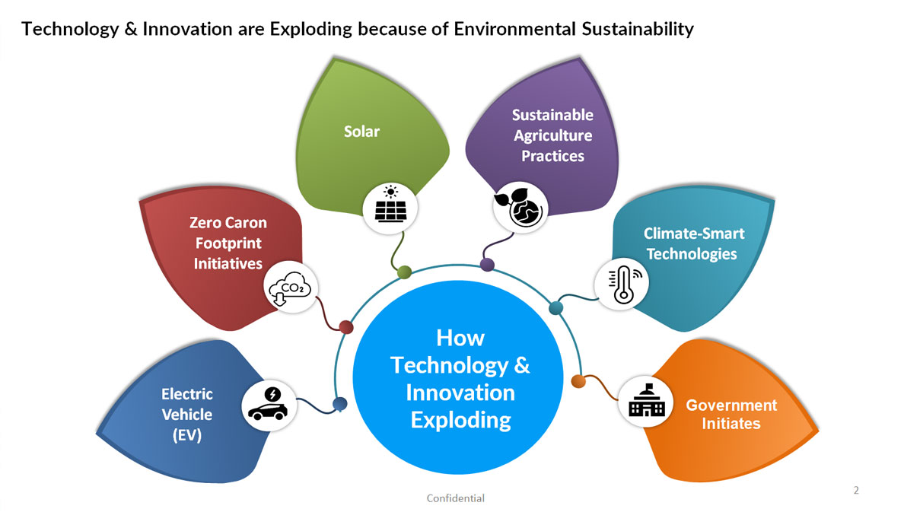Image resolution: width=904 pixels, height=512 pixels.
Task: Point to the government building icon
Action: pyautogui.click(x=646, y=400)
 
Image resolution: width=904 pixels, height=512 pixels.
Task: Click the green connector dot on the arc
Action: pyautogui.click(x=405, y=272)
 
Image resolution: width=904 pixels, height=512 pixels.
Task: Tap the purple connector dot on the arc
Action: pyautogui.click(x=487, y=265)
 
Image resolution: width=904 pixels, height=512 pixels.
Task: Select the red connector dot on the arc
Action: pyautogui.click(x=346, y=327)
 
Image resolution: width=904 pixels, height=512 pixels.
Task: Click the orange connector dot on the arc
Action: pyautogui.click(x=578, y=381)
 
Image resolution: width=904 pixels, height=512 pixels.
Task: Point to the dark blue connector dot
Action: pyautogui.click(x=340, y=404)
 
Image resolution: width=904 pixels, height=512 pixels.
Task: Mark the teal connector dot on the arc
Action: pyautogui.click(x=555, y=308)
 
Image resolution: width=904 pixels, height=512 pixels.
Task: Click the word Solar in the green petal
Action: pyautogui.click(x=361, y=132)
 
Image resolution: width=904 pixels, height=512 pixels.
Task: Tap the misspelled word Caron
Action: pyautogui.click(x=249, y=223)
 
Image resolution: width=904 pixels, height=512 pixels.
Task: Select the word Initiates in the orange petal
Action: pyautogui.click(x=731, y=423)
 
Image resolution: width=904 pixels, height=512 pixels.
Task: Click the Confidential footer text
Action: pyautogui.click(x=456, y=498)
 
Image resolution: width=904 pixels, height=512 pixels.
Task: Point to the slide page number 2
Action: pyautogui.click(x=856, y=490)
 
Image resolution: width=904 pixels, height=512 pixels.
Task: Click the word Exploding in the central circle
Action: pyautogui.click(x=460, y=420)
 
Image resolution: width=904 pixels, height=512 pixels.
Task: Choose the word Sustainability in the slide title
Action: pyautogui.click(x=638, y=29)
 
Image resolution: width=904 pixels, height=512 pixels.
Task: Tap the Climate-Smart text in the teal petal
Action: pyautogui.click(x=694, y=234)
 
